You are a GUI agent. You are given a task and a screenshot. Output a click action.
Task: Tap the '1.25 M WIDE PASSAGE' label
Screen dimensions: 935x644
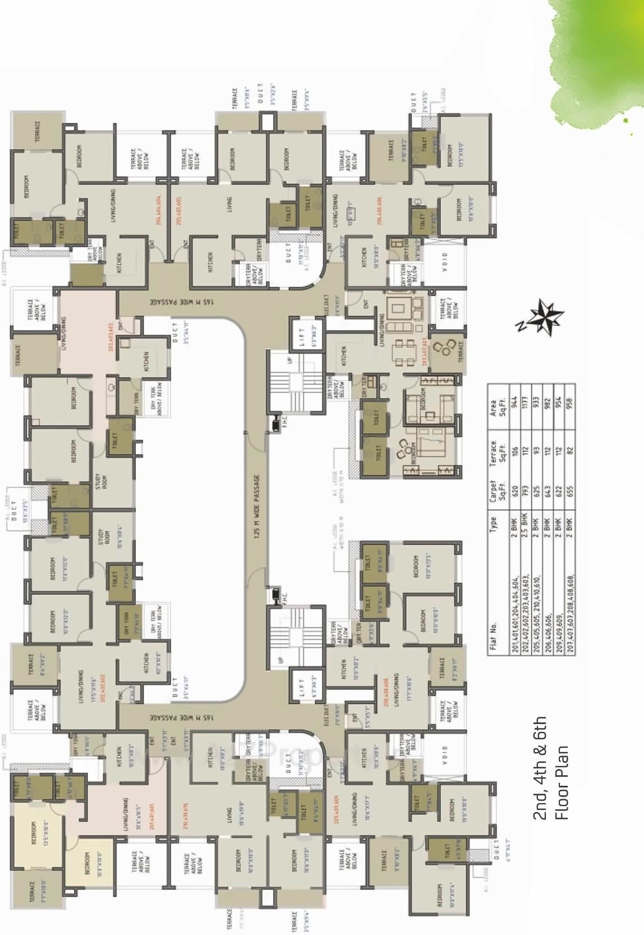pyautogui.click(x=257, y=507)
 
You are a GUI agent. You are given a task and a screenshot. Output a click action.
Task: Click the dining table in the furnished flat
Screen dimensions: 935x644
pyautogui.click(x=402, y=346)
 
